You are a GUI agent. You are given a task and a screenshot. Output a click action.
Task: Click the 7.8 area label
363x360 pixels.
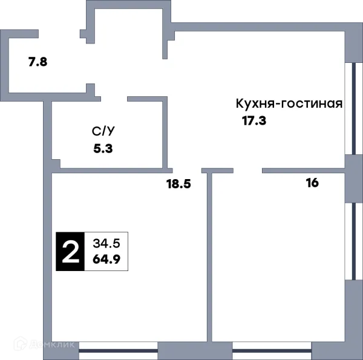(x=38, y=62)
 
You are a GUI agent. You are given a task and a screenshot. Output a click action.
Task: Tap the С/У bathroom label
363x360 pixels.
(x=101, y=131)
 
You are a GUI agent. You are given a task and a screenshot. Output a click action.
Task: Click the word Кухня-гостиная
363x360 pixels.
(x=289, y=103)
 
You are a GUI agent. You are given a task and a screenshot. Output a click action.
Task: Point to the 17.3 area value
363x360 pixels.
(x=254, y=120)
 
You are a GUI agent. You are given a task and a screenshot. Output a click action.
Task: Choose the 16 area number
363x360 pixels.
(x=312, y=183)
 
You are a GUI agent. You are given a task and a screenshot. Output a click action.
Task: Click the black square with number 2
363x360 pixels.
(x=71, y=252)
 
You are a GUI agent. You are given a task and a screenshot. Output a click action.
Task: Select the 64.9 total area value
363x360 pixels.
(x=107, y=260)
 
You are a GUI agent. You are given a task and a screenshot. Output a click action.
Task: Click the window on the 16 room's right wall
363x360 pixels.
(x=350, y=241)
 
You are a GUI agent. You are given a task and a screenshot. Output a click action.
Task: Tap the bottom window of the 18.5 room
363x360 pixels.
(x=119, y=349)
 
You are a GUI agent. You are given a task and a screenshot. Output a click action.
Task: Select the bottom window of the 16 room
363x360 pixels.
(x=272, y=349)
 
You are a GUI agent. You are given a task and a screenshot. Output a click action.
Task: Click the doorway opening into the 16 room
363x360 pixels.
(x=248, y=171)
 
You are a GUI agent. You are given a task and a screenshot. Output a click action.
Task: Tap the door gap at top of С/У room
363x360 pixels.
(x=113, y=97)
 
